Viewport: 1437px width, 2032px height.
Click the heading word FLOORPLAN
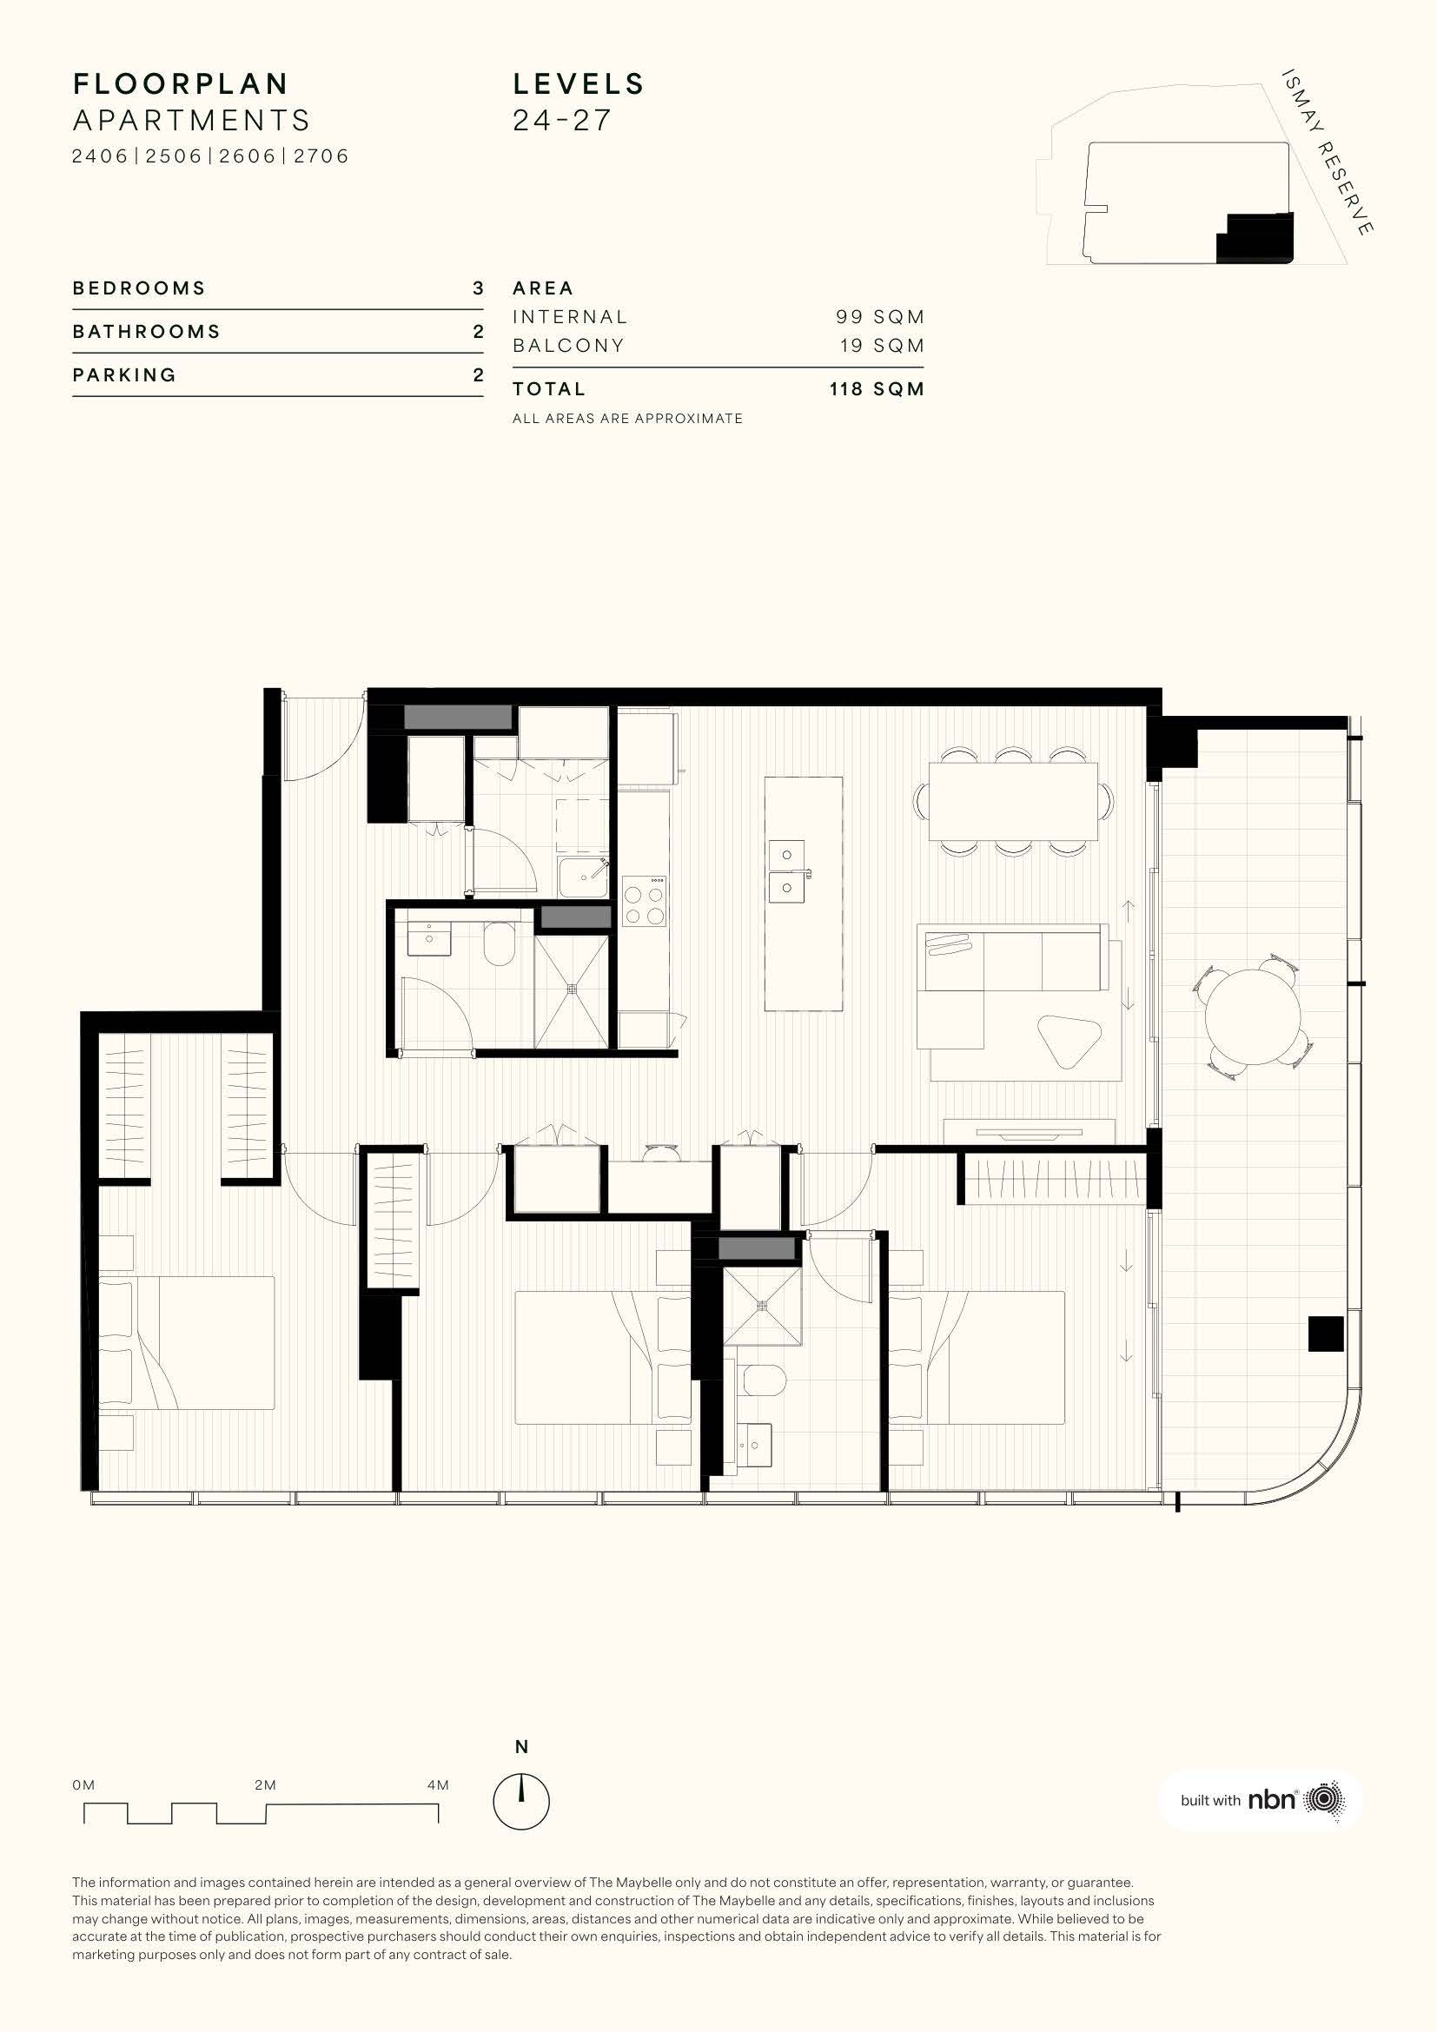tap(181, 84)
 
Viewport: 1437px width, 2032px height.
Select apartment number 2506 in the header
tap(175, 156)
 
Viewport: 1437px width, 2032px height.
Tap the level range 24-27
tap(562, 121)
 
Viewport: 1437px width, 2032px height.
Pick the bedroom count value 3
tap(478, 288)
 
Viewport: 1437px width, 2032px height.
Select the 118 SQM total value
tap(877, 389)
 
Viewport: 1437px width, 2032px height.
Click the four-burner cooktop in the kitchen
tap(644, 900)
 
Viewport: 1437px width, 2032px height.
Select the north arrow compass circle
tap(521, 1800)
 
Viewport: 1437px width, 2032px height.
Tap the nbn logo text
tap(1272, 1799)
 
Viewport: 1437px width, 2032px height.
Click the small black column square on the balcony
tap(1326, 1334)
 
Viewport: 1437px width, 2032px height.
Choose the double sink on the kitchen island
tap(785, 870)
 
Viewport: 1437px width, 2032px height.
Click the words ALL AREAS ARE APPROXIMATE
tap(627, 419)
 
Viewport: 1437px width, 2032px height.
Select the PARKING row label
tap(125, 375)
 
